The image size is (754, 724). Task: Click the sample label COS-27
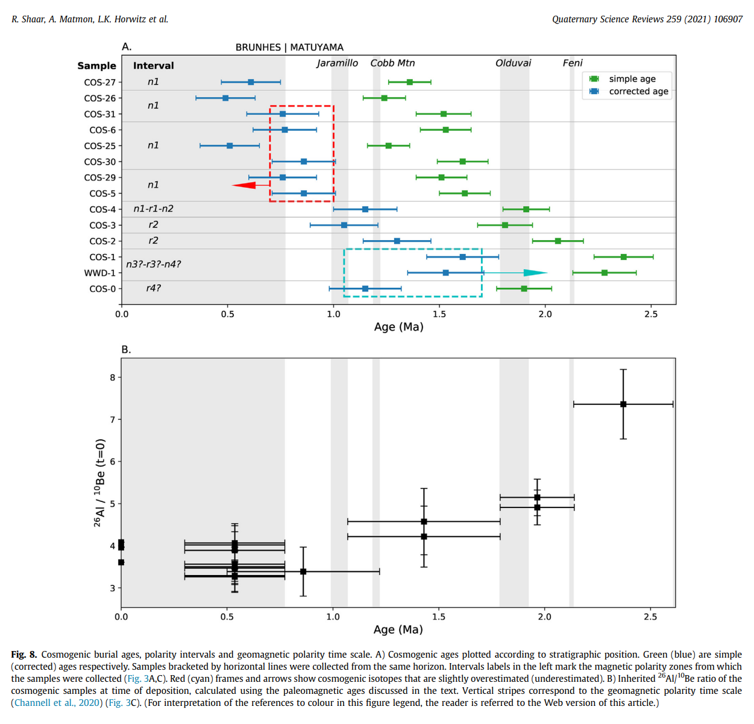pyautogui.click(x=99, y=82)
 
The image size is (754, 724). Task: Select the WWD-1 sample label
pyautogui.click(x=99, y=273)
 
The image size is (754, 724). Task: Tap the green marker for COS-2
pyautogui.click(x=558, y=241)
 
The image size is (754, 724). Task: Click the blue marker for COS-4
pyautogui.click(x=365, y=209)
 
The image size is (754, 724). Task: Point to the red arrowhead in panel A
pyautogui.click(x=244, y=185)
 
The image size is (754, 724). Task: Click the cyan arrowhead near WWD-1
pyautogui.click(x=535, y=273)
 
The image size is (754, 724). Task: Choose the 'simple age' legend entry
pyautogui.click(x=632, y=78)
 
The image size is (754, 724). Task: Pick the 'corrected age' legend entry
pyautogui.click(x=638, y=91)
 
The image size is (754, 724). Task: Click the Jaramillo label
pyautogui.click(x=337, y=63)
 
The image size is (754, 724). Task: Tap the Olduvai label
pyautogui.click(x=513, y=63)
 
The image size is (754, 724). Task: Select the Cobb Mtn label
pyautogui.click(x=392, y=63)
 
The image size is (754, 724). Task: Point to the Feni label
pyautogui.click(x=573, y=63)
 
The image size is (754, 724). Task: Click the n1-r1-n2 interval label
pyautogui.click(x=153, y=209)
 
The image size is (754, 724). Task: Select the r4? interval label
pyautogui.click(x=153, y=288)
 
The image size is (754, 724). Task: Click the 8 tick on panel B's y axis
pyautogui.click(x=112, y=378)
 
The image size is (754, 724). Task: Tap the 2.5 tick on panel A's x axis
pyautogui.click(x=651, y=314)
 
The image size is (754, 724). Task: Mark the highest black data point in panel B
pyautogui.click(x=623, y=404)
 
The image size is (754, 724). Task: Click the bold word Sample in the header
pyautogui.click(x=96, y=66)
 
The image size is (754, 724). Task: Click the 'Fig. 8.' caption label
pyautogui.click(x=24, y=655)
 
